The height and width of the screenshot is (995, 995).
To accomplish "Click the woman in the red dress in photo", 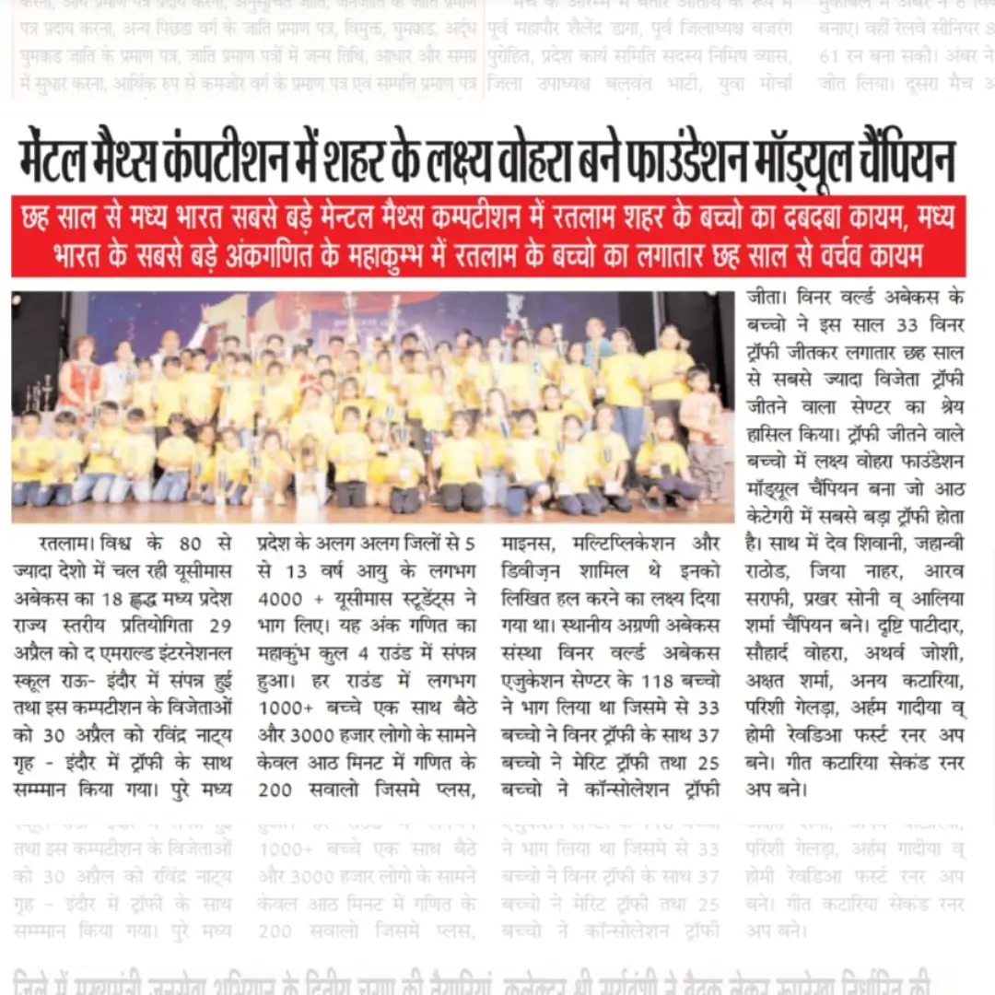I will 81,378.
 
